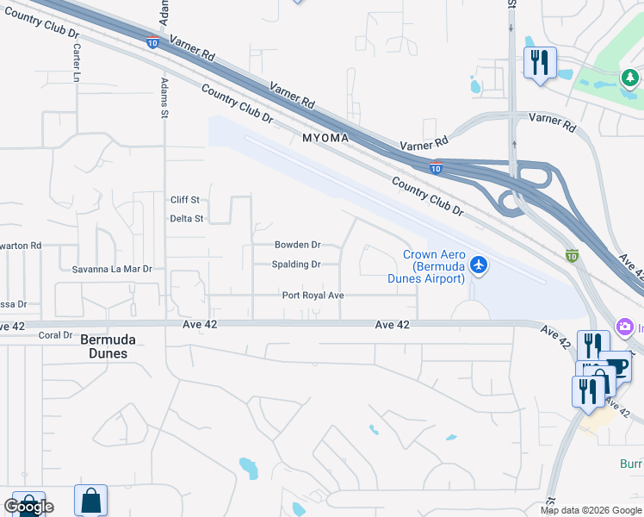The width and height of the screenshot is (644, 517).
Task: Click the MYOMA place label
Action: (x=325, y=138)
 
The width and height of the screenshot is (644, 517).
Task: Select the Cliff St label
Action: (x=185, y=200)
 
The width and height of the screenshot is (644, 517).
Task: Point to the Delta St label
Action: (x=186, y=219)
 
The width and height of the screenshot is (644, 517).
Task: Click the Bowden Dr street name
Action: (x=297, y=246)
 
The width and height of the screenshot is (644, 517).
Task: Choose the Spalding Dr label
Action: (x=296, y=265)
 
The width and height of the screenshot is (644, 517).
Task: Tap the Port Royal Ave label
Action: (x=313, y=296)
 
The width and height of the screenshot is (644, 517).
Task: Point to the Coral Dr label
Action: (x=54, y=336)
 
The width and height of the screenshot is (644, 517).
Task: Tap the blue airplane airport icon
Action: (x=480, y=265)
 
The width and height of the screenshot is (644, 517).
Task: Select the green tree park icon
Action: (x=630, y=79)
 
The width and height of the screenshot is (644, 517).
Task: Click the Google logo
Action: (x=28, y=506)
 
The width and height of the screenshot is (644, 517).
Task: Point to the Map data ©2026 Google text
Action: (x=590, y=510)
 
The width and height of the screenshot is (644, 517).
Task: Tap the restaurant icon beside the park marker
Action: (x=540, y=62)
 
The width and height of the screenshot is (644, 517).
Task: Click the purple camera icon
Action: (x=624, y=327)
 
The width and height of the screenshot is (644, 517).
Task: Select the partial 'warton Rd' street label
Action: (x=22, y=246)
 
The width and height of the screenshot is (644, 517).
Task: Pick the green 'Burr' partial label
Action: (x=631, y=464)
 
